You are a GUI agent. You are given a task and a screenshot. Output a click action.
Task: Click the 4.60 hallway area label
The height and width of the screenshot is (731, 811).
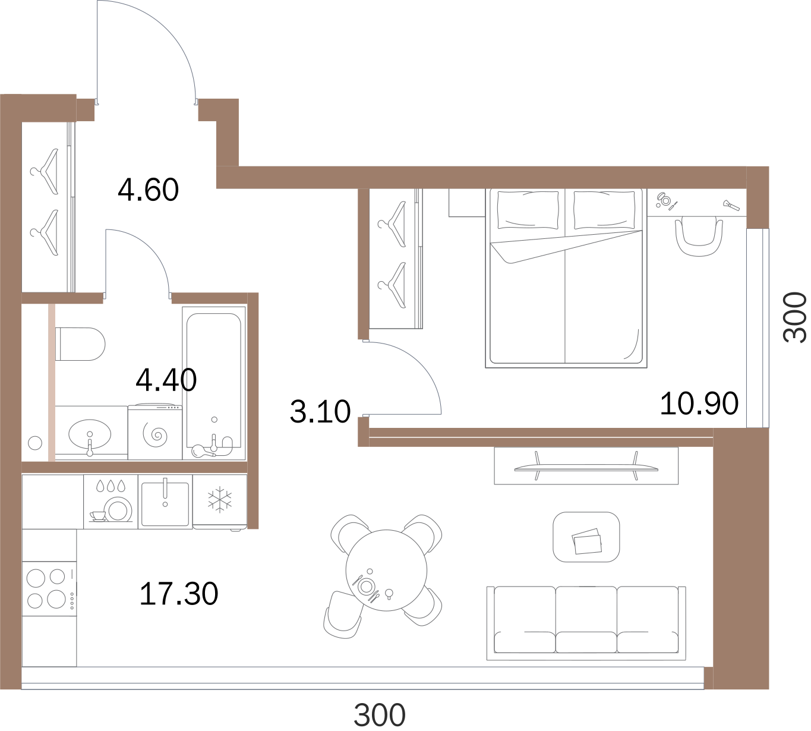point(149,190)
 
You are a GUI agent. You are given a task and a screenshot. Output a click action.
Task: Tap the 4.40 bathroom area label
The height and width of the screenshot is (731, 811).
point(166,380)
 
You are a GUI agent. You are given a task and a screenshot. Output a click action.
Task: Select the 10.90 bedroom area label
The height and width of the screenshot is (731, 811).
point(699,404)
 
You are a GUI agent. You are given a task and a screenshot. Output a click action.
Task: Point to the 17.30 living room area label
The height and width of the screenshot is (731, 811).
point(179,594)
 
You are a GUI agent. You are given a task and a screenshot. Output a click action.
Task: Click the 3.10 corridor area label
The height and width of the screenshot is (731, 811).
point(320,412)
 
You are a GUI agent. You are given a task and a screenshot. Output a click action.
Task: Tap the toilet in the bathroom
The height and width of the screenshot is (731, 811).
point(80,344)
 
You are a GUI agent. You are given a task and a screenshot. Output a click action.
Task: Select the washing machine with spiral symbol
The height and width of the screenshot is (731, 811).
point(155,433)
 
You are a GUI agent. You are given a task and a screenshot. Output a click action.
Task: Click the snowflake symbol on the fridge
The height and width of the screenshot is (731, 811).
point(220,499)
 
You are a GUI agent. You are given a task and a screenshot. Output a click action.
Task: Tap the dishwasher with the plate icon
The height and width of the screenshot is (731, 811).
point(111,502)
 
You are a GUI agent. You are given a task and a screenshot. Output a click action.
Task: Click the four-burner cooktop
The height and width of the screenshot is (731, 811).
point(49,588)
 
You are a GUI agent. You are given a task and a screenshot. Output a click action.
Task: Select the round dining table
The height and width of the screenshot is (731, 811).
point(387,571)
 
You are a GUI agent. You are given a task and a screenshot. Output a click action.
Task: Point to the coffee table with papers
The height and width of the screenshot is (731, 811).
point(586,537)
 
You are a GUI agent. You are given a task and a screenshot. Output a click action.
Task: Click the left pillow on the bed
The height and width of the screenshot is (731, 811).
point(528,210)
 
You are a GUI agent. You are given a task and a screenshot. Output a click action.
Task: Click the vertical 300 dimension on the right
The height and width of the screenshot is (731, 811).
point(795,317)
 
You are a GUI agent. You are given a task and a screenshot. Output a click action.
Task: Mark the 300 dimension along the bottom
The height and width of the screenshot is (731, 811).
point(380,715)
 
